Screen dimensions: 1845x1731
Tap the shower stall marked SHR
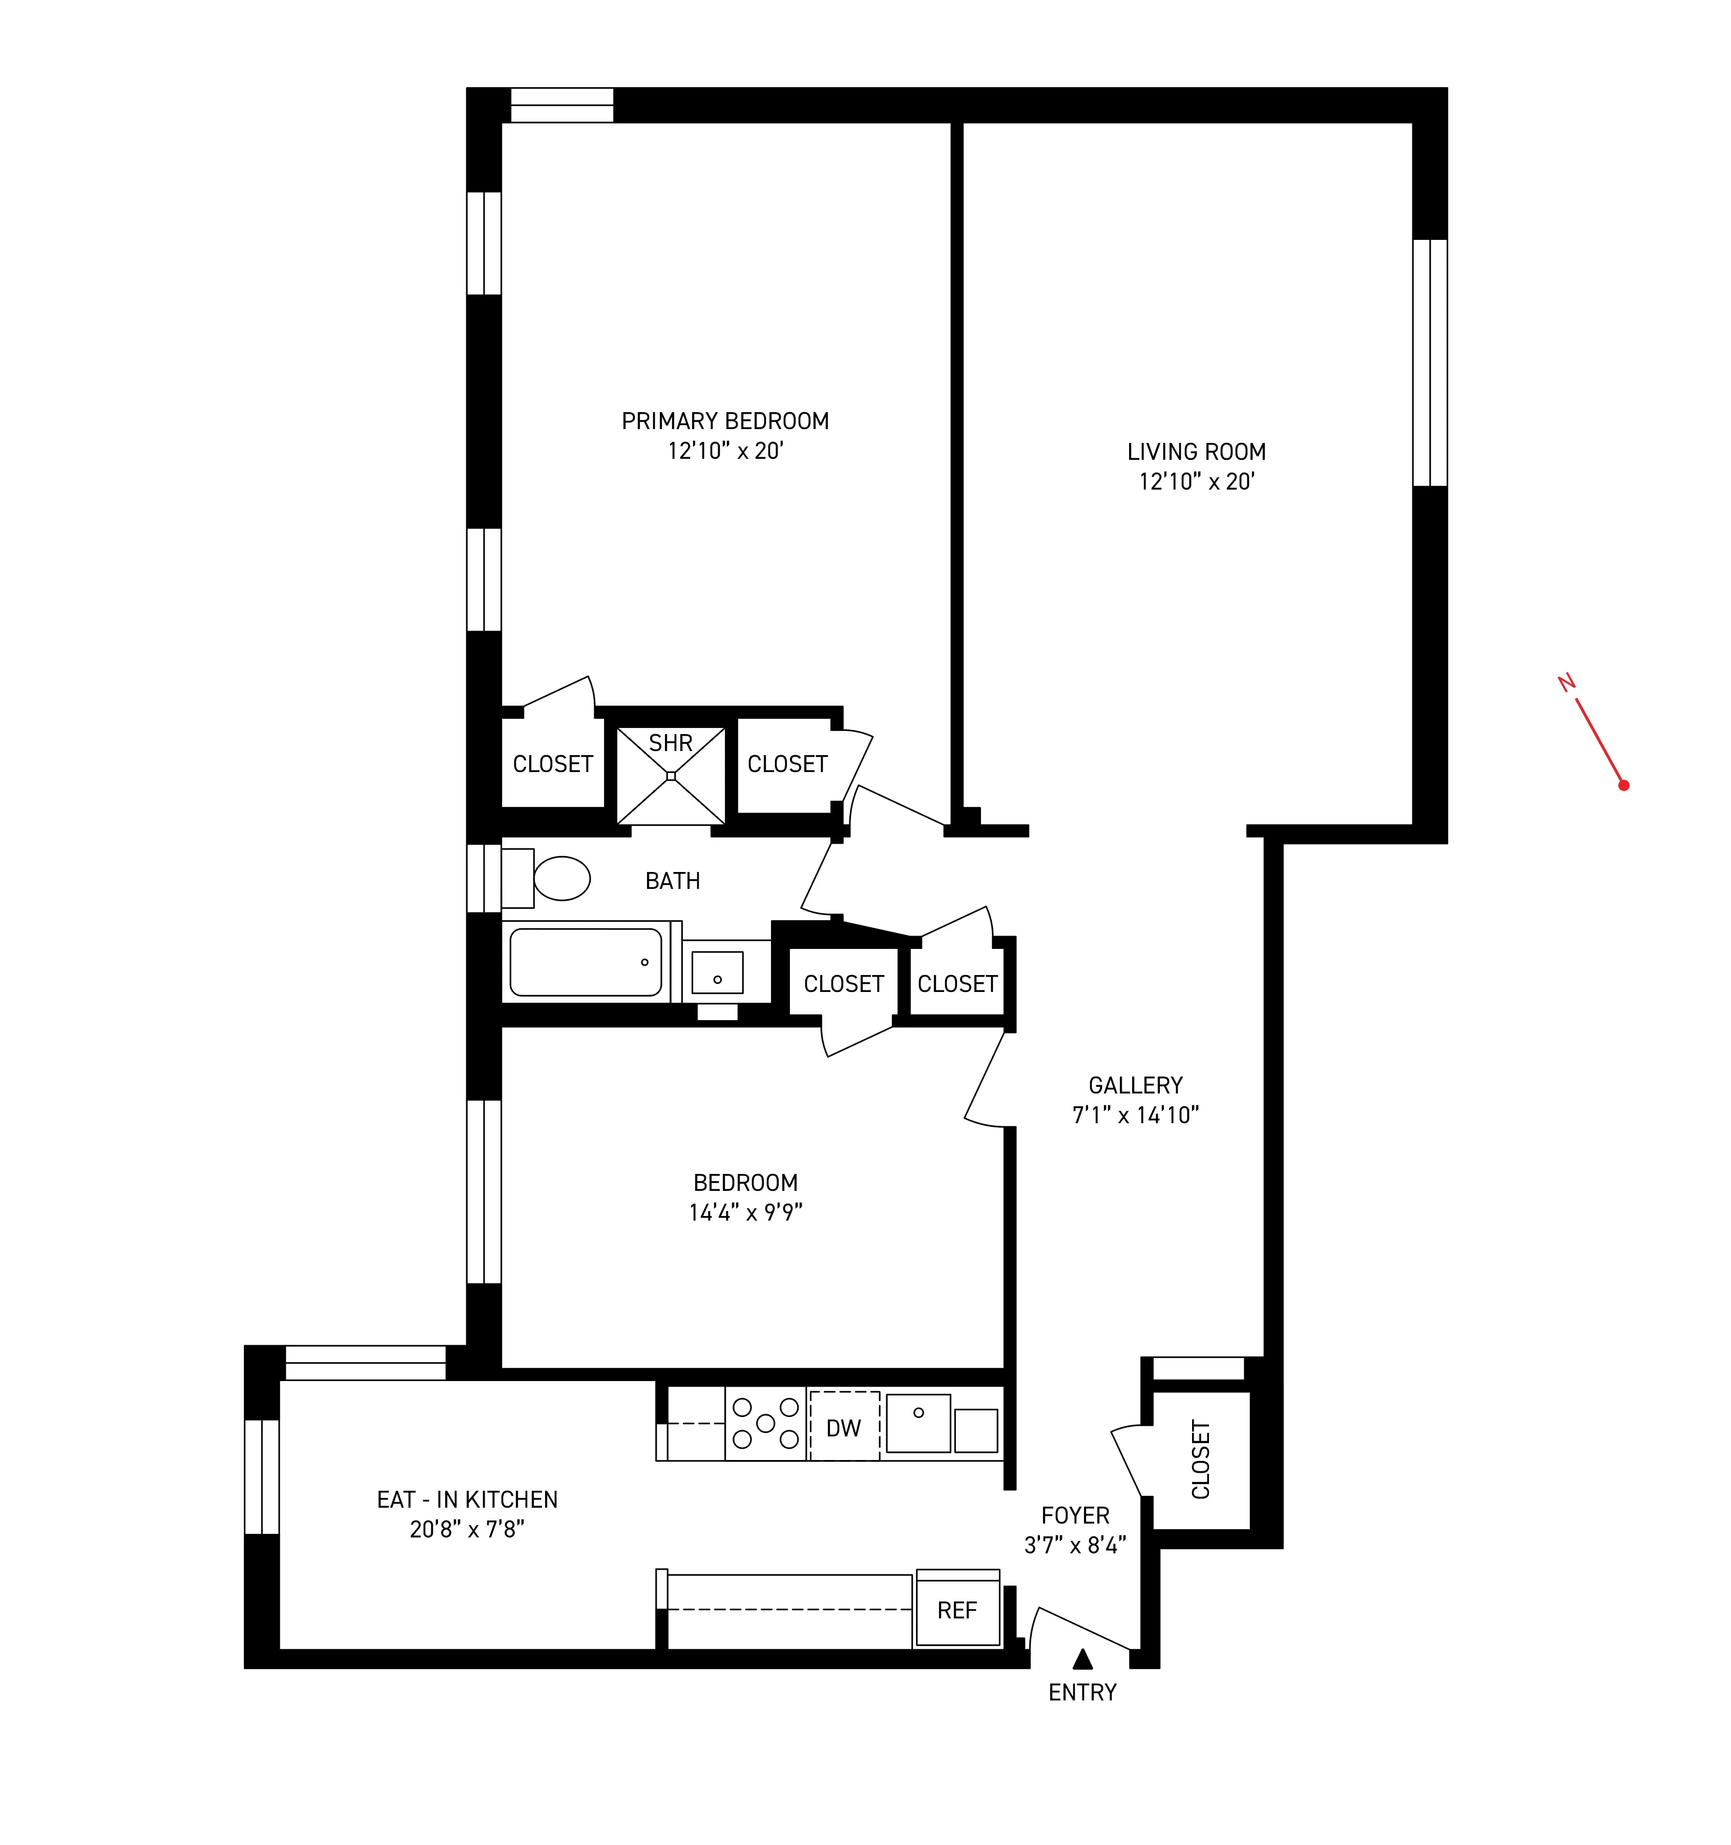[671, 776]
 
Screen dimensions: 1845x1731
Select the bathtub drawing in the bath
[586, 962]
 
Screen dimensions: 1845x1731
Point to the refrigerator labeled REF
[957, 1610]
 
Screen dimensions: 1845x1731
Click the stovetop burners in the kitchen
[765, 1423]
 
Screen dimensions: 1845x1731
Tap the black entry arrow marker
[1082, 1658]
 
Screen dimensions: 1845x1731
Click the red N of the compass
[1567, 683]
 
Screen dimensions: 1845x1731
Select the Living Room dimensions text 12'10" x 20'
[1197, 482]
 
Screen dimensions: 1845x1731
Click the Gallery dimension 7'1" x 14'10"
[1135, 1116]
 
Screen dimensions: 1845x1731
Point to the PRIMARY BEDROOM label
[724, 421]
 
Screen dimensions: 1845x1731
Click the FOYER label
[1075, 1515]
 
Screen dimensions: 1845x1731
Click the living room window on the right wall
[1429, 363]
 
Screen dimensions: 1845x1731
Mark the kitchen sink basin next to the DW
[917, 1423]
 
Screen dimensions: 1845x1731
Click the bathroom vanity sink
[717, 972]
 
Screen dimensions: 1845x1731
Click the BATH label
[673, 881]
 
